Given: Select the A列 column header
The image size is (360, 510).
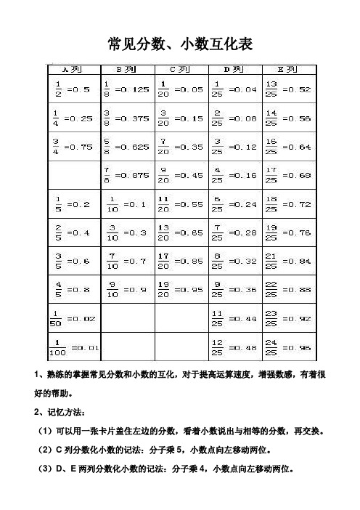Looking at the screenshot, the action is (x=72, y=70).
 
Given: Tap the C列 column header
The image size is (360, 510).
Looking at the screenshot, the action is (x=181, y=70).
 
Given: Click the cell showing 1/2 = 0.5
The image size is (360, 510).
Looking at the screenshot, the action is (x=72, y=89).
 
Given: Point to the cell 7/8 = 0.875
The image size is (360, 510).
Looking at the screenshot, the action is (x=126, y=174).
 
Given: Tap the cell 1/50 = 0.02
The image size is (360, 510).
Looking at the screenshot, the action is (x=72, y=316).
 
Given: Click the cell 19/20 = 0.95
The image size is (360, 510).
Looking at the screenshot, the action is (x=181, y=288).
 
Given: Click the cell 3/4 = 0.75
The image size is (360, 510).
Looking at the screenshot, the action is (x=72, y=146).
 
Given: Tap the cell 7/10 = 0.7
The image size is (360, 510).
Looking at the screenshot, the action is (x=126, y=259).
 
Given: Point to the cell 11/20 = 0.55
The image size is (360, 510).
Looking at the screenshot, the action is (x=181, y=203).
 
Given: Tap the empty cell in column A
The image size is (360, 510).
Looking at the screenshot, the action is (x=72, y=174).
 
